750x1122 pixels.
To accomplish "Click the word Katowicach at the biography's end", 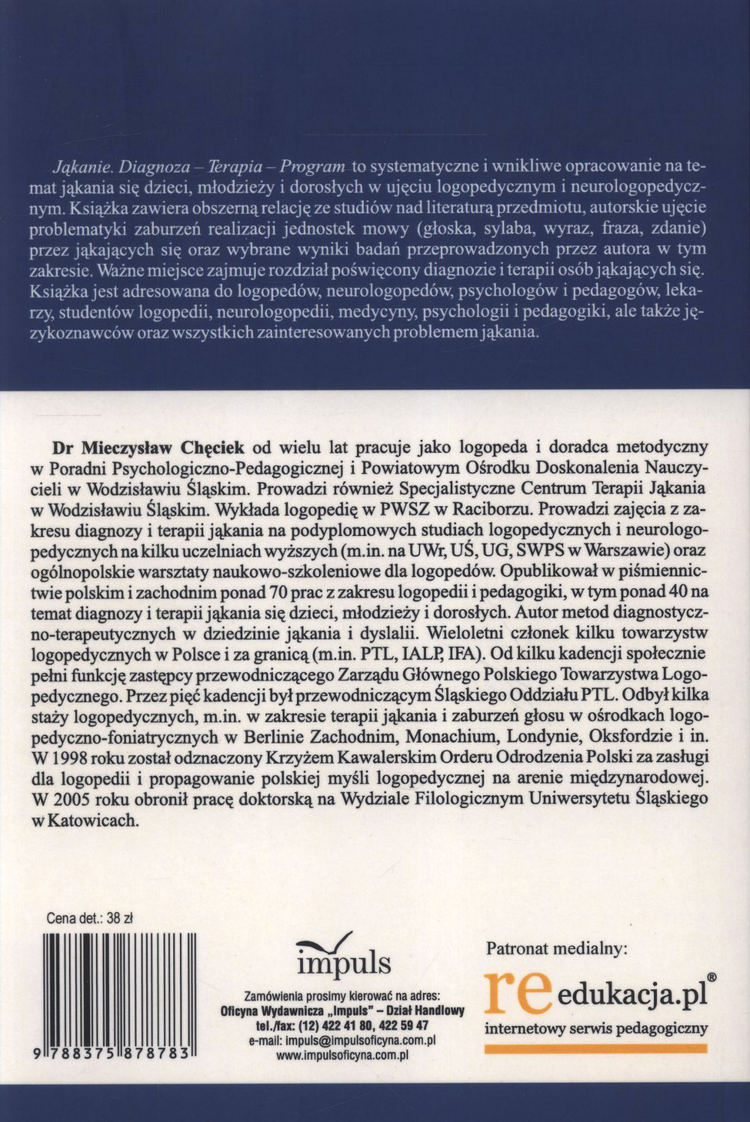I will click(107, 820).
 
